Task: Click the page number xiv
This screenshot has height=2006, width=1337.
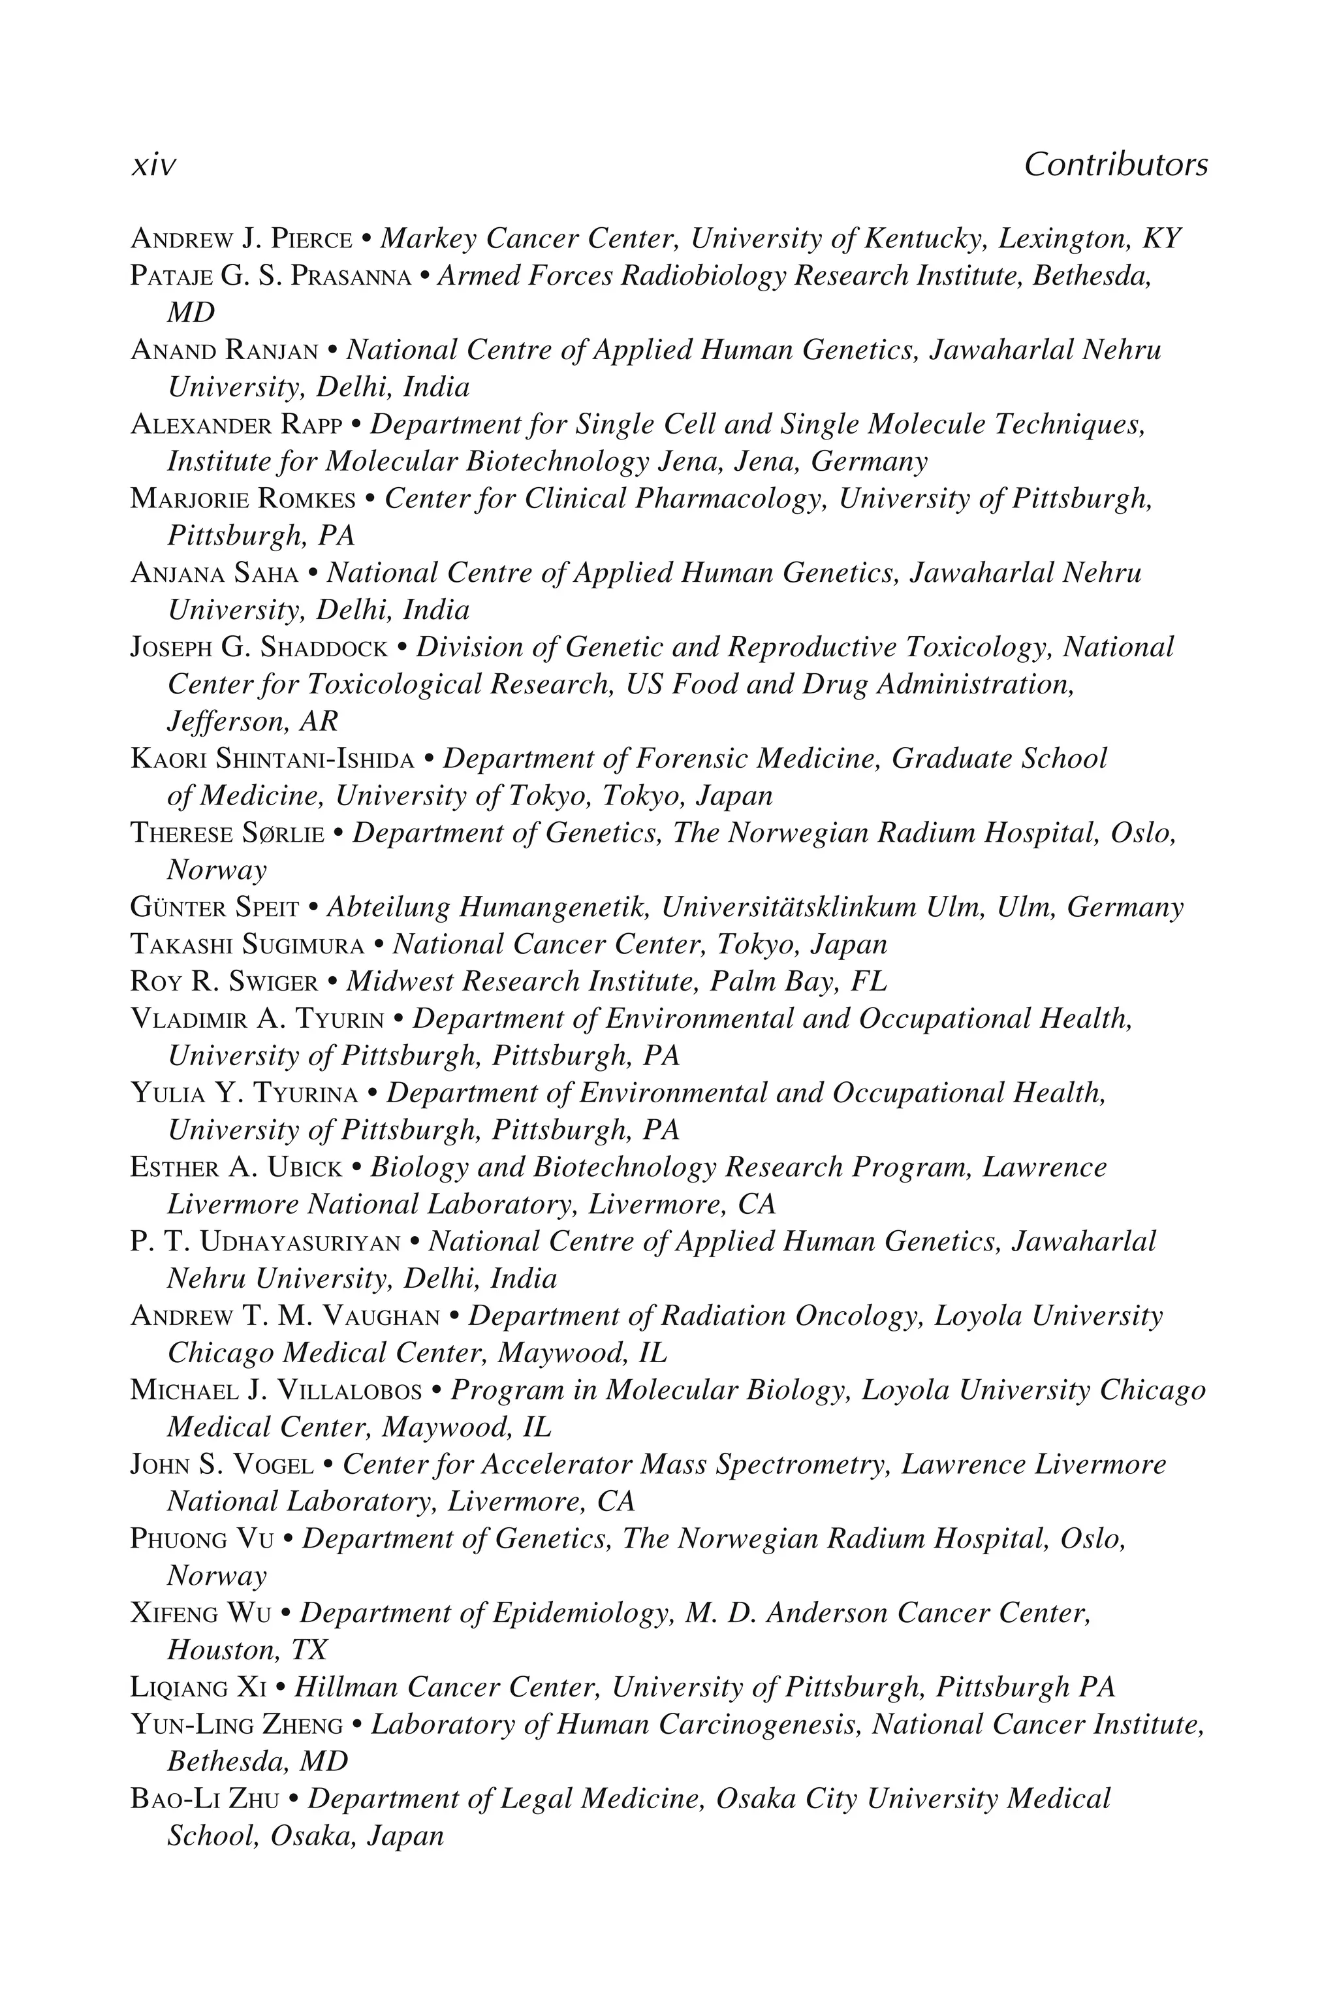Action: tap(153, 165)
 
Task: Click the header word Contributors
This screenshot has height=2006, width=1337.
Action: tap(1115, 165)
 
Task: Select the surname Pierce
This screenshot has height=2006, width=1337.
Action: tap(310, 239)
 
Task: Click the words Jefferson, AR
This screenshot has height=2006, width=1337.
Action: tap(253, 722)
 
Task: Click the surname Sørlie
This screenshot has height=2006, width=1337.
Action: tap(282, 833)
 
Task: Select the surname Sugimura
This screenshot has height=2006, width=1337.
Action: tap(303, 945)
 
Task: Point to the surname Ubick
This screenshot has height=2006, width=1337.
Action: tap(306, 1168)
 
